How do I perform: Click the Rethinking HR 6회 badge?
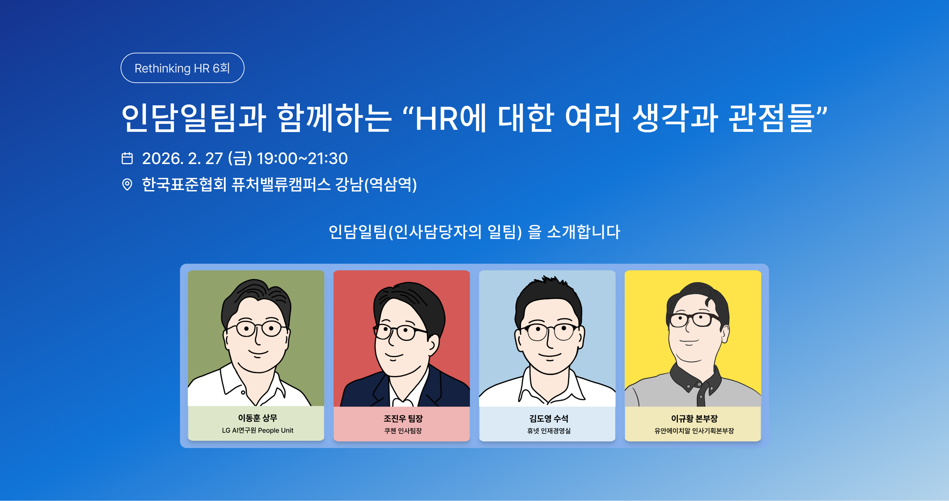(182, 68)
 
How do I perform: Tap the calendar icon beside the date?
(127, 158)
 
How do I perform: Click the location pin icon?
(127, 184)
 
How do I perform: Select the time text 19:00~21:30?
(302, 158)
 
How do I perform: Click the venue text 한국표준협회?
(184, 184)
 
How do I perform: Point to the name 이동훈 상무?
(257, 418)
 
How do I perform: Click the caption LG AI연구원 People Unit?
(257, 430)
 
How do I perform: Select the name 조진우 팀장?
(403, 418)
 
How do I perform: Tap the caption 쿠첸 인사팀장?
(403, 431)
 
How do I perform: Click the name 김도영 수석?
(549, 418)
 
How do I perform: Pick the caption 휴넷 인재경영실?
(549, 431)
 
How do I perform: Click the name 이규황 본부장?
(694, 418)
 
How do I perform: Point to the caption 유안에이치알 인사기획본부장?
(694, 431)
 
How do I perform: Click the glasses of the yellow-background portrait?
(693, 320)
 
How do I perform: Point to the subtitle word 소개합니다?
(584, 232)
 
